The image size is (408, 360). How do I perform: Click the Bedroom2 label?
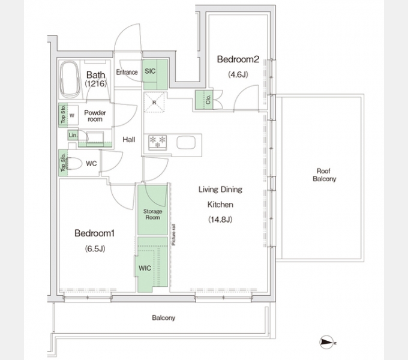[x=238, y=59]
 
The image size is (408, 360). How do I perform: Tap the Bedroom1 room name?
[x=94, y=233]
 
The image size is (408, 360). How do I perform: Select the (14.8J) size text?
[x=220, y=220]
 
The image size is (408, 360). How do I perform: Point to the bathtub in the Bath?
[x=70, y=79]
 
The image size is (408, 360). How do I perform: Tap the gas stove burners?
[x=158, y=142]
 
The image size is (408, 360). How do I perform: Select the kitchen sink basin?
[x=186, y=143]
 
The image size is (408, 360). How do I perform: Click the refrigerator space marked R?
[x=155, y=102]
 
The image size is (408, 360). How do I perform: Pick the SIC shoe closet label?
[x=150, y=71]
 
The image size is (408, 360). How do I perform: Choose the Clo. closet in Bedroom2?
[x=204, y=100]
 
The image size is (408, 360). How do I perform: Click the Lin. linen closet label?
[x=73, y=135]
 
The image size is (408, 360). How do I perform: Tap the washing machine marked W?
[x=72, y=115]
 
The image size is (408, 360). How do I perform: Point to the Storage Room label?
[x=152, y=214]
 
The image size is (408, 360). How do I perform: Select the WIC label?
[x=145, y=268]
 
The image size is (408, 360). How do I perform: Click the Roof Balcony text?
[x=324, y=175]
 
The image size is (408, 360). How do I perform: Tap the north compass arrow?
[x=327, y=343]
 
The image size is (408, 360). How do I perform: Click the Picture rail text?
[x=173, y=235]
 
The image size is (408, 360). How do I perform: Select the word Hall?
[x=129, y=140]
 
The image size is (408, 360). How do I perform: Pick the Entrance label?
[x=127, y=72]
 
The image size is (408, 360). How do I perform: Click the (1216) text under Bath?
[x=96, y=83]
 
